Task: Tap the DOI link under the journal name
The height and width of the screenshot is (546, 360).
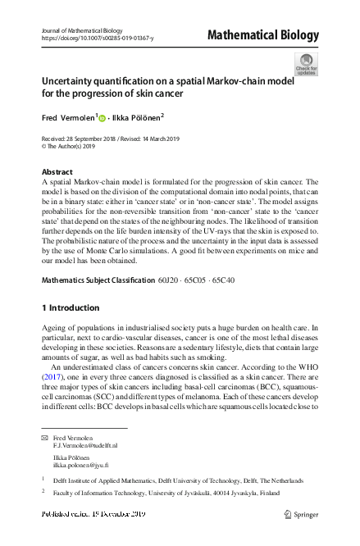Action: (x=96, y=39)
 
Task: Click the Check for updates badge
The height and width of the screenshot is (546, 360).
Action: (x=306, y=66)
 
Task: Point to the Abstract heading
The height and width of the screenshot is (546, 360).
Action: (x=57, y=172)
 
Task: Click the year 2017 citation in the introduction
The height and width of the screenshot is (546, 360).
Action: (x=56, y=369)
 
